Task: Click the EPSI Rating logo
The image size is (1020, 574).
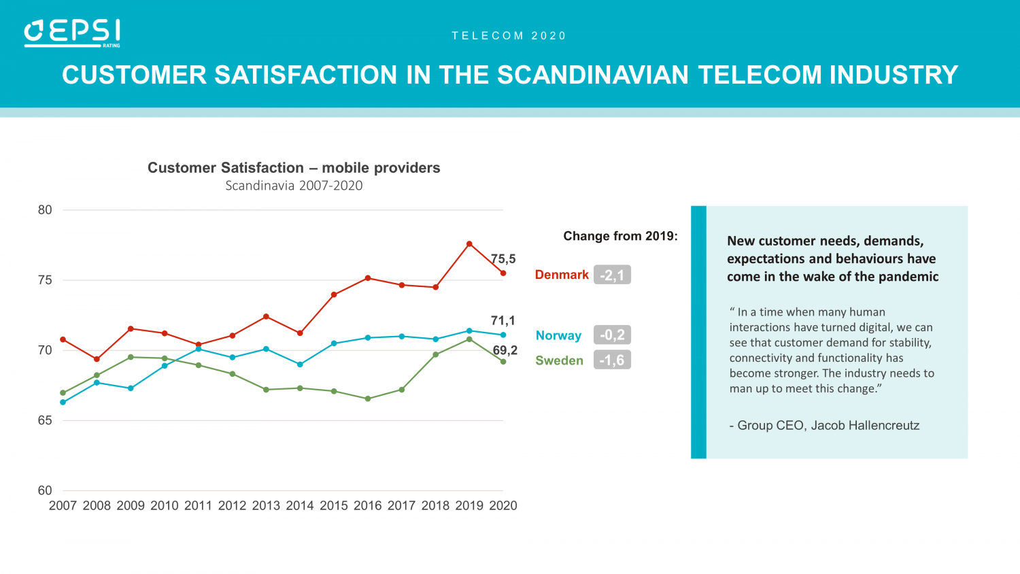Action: [72, 33]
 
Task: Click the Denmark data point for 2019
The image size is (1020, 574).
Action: [469, 244]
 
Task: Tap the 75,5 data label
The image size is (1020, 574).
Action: [504, 259]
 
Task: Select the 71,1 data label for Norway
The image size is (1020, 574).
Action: [503, 320]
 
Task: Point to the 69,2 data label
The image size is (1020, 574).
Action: [505, 350]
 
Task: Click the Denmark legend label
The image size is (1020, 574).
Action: [562, 275]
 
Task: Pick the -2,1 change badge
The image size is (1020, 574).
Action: [612, 275]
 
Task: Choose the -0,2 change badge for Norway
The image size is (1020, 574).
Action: [612, 335]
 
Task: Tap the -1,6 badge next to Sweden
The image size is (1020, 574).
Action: [612, 360]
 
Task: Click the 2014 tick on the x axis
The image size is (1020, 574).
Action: [300, 506]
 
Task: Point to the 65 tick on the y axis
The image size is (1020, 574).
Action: [45, 420]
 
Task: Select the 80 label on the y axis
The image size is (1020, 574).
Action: [45, 210]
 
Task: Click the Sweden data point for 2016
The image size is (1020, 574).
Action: [368, 399]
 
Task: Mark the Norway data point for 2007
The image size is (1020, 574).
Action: [63, 403]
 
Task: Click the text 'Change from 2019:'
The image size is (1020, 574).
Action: [620, 236]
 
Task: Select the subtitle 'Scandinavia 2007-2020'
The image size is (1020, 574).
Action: [294, 186]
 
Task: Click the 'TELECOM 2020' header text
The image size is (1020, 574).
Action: [509, 36]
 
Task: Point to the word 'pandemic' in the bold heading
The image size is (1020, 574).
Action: [908, 277]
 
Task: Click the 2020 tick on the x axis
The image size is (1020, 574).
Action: [503, 506]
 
